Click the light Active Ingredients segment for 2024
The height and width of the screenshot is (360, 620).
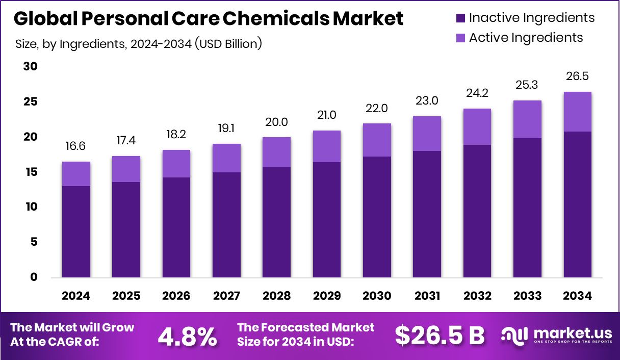click(76, 174)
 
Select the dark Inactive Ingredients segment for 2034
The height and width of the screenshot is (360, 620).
click(577, 204)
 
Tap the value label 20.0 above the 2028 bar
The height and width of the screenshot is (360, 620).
click(276, 122)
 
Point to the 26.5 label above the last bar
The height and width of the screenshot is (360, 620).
click(577, 76)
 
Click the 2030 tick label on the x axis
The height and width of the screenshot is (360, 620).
click(377, 296)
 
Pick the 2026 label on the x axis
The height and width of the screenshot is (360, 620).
click(176, 296)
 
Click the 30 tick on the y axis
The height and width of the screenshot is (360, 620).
click(31, 67)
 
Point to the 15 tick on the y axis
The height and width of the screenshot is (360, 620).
click(31, 172)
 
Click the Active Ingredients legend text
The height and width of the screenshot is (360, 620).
click(526, 38)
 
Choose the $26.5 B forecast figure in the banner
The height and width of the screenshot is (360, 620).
click(440, 336)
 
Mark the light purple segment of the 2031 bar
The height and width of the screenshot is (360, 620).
click(427, 134)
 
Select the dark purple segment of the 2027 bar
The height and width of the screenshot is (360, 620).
click(226, 225)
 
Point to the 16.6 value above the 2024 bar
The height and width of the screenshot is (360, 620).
click(76, 147)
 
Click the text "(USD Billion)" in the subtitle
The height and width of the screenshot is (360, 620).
click(228, 44)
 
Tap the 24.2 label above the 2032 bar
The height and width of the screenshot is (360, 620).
click(477, 94)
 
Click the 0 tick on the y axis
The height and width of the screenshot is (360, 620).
click(34, 277)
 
